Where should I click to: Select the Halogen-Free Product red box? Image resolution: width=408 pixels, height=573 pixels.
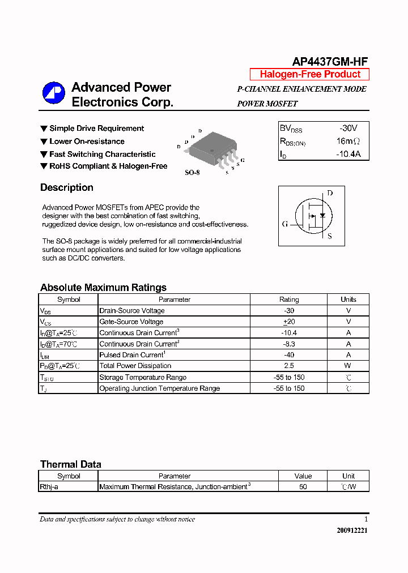click(x=309, y=74)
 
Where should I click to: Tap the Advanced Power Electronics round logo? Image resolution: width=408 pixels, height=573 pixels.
click(x=53, y=94)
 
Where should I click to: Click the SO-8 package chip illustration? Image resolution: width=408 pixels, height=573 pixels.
click(x=211, y=149)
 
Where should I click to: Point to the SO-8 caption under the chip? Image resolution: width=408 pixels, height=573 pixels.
click(x=192, y=172)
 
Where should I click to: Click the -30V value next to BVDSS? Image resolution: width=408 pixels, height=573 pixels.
click(x=348, y=129)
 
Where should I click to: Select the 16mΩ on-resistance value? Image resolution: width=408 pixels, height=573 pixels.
click(x=348, y=142)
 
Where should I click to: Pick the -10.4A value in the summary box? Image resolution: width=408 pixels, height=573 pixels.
click(x=348, y=154)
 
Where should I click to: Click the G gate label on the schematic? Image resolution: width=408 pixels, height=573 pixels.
click(x=285, y=224)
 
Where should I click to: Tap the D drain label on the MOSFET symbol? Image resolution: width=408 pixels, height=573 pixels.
click(x=330, y=193)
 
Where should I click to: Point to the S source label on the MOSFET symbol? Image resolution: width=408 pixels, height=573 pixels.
click(x=330, y=236)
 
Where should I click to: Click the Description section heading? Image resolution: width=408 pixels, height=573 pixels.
click(x=66, y=188)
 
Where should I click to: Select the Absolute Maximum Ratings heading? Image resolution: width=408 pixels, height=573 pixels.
click(x=103, y=288)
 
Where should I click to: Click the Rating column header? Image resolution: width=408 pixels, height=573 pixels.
click(x=289, y=300)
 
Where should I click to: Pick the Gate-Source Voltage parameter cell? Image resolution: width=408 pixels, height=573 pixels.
click(x=131, y=322)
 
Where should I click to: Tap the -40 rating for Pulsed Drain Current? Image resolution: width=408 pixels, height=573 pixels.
click(x=289, y=355)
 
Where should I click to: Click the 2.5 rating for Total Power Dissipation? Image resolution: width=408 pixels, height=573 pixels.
click(x=289, y=366)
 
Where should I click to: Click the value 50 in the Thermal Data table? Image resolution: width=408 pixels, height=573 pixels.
click(x=303, y=487)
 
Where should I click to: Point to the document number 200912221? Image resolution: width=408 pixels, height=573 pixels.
click(x=352, y=531)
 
